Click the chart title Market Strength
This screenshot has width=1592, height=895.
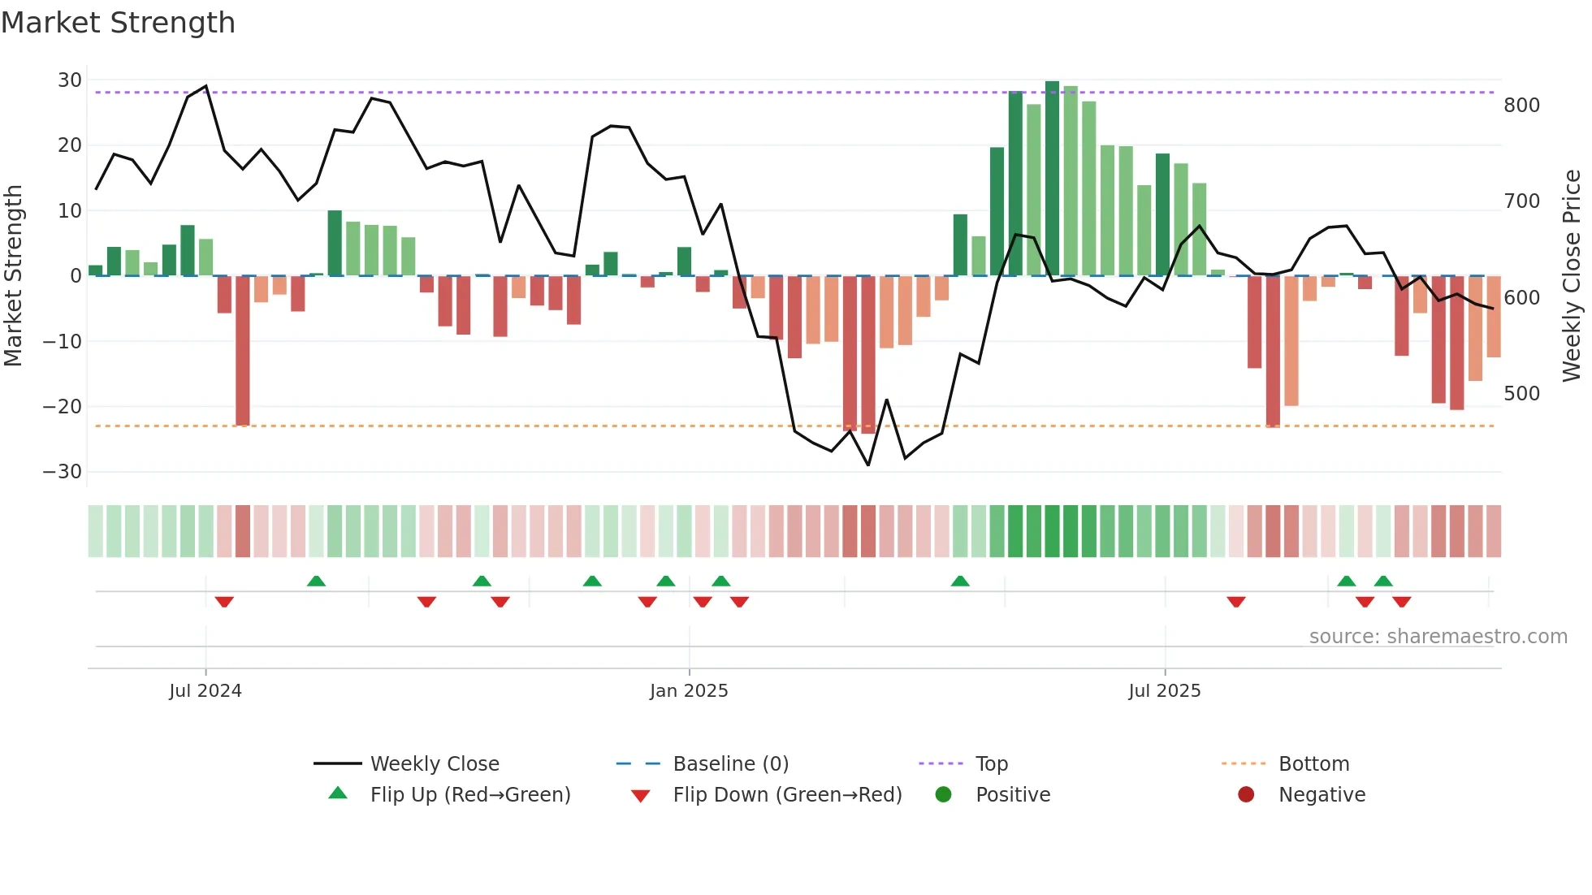(118, 23)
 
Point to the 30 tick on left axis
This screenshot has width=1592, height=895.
(70, 80)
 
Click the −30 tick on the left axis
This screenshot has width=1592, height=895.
(63, 472)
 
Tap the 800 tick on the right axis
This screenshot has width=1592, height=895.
(1521, 106)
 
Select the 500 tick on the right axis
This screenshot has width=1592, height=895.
(1521, 394)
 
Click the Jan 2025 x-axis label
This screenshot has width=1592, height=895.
(689, 691)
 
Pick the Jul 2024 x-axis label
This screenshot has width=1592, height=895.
(205, 691)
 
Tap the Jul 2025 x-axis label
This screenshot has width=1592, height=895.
(1164, 691)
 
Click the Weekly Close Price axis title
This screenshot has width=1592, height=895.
(1572, 276)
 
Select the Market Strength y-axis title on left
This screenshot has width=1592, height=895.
(14, 276)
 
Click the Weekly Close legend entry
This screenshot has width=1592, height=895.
(435, 764)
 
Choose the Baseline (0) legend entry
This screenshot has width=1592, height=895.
(730, 764)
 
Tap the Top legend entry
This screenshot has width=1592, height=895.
(991, 764)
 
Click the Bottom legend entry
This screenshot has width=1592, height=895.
(1313, 764)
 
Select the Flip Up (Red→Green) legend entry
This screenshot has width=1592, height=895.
(469, 795)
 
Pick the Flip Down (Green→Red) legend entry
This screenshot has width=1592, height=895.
(787, 795)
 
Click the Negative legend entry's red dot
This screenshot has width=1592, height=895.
(1246, 795)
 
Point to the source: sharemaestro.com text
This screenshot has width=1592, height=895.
(1438, 637)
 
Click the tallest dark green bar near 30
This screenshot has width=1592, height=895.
(1052, 179)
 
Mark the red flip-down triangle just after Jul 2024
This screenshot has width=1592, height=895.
(224, 602)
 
